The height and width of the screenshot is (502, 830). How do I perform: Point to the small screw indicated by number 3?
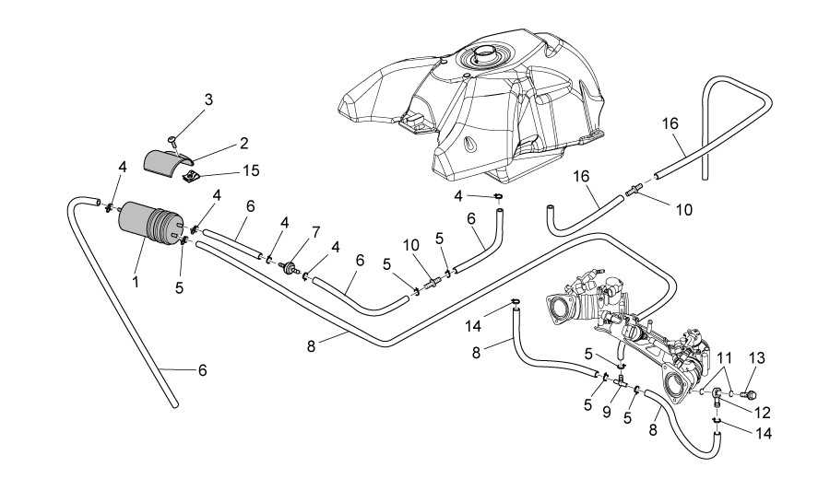click(172, 140)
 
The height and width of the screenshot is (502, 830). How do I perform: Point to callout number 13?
click(757, 357)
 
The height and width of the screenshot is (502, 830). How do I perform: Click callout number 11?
click(725, 357)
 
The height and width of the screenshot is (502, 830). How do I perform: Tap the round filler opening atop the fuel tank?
click(484, 57)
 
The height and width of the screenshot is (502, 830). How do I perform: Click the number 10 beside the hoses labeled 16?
click(682, 210)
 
